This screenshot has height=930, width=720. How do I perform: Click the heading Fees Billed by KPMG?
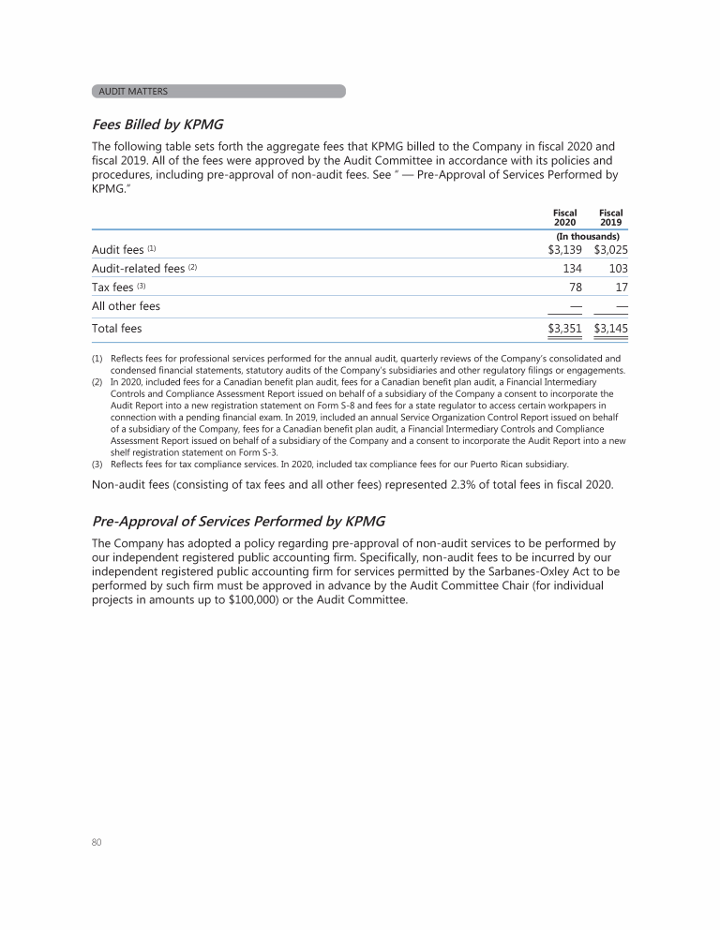[157, 125]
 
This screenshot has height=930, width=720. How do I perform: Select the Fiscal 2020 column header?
[564, 218]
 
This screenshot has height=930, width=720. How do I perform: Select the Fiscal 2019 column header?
[610, 218]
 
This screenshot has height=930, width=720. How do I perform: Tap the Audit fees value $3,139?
[564, 250]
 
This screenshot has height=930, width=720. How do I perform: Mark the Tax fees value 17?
[620, 288]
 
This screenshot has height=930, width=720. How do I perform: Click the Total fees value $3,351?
[564, 329]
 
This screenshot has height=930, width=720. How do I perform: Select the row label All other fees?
[126, 306]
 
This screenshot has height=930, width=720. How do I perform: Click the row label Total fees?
[116, 329]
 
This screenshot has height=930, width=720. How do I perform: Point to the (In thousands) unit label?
[588, 237]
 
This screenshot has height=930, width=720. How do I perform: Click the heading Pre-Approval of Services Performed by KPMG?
[238, 521]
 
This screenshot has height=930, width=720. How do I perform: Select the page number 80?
[97, 842]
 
